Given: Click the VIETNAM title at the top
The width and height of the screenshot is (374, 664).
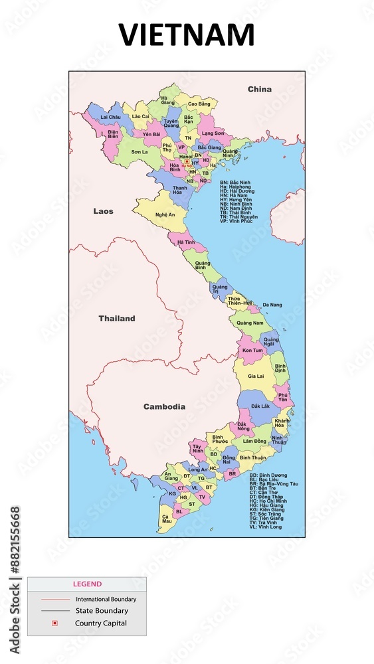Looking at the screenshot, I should tap(187, 35).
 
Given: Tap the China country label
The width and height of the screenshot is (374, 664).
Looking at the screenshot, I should tap(260, 89).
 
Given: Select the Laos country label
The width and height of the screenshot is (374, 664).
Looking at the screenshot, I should tap(103, 211).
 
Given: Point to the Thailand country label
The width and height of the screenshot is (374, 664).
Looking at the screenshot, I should tap(117, 318).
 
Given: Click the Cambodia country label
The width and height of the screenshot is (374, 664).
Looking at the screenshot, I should tap(164, 406).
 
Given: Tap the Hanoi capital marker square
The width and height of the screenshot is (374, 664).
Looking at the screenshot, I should tap(187, 161).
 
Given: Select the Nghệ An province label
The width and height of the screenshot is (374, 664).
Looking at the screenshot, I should tap(165, 214).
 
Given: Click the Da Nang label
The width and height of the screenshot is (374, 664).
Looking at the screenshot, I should tap(272, 305).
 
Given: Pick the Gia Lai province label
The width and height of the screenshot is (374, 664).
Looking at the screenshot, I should tap(256, 376).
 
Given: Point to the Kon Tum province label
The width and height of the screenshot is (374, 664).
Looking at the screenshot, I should tap(252, 350).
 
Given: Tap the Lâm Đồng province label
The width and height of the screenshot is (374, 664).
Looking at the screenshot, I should tap(254, 441).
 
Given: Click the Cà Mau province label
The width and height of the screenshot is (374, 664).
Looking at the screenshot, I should tap(165, 519).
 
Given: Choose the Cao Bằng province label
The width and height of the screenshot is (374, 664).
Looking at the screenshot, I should tap(199, 104).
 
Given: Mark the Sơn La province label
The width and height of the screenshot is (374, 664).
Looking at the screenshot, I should tap(140, 151).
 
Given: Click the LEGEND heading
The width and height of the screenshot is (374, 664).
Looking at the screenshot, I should tap(87, 584).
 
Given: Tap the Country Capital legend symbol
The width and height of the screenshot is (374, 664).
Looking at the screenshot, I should tap(55, 623).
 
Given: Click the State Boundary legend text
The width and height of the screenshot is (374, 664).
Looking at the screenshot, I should tap(102, 610).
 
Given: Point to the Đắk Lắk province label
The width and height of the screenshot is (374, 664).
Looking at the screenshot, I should tap(260, 406).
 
